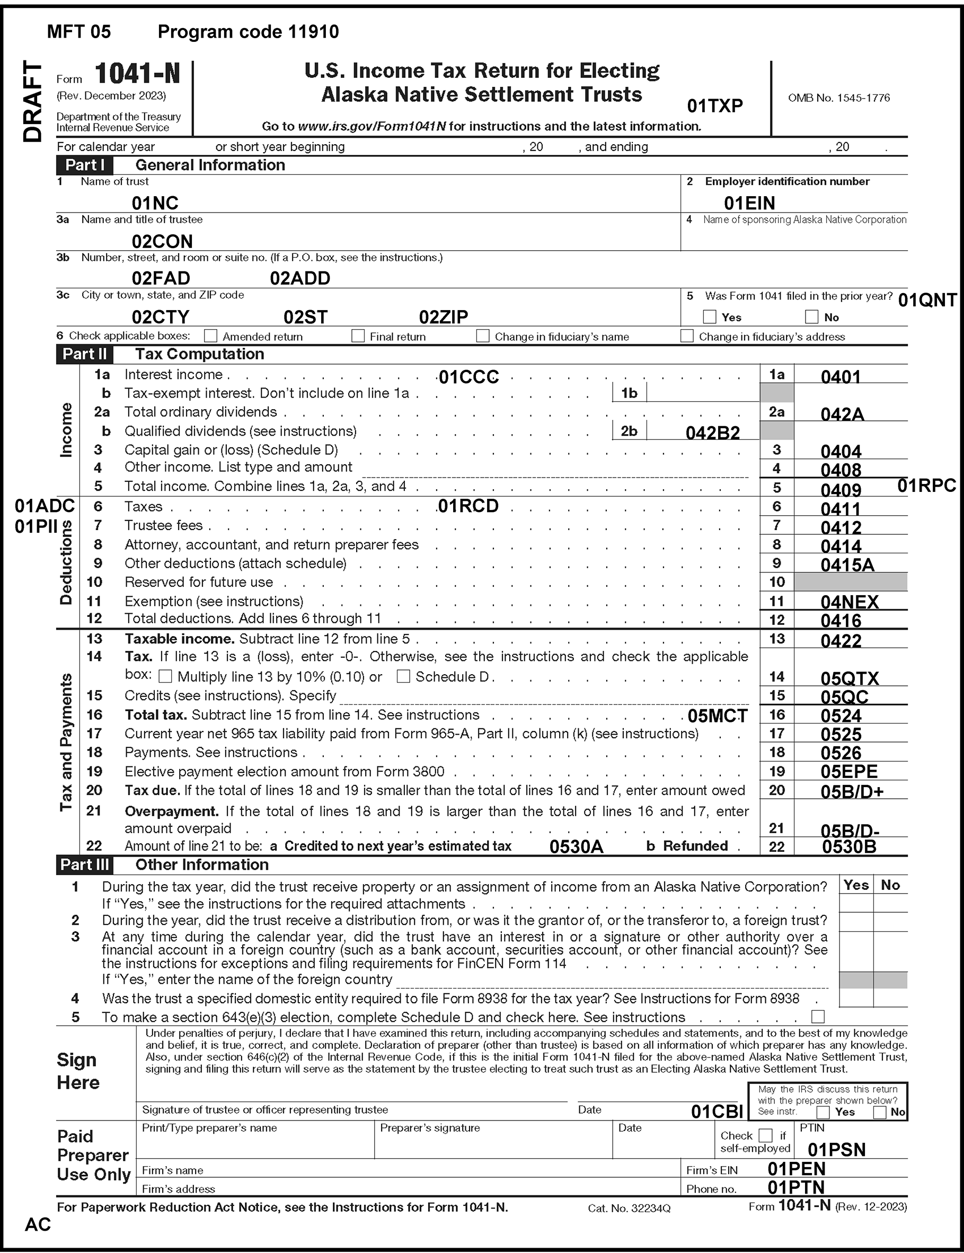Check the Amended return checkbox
[211, 336]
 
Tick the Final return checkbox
[358, 336]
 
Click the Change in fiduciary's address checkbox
[687, 336]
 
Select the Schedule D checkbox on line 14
[403, 676]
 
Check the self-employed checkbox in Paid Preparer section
[765, 1135]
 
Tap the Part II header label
[84, 354]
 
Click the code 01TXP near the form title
[715, 106]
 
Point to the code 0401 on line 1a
[841, 377]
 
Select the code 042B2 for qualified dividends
[713, 433]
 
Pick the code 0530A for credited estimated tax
[576, 847]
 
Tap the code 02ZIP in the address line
[444, 316]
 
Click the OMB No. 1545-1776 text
[839, 98]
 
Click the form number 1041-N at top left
[137, 74]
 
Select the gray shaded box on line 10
[851, 582]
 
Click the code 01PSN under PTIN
[837, 1150]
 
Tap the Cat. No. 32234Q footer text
[629, 1209]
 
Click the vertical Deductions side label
[66, 563]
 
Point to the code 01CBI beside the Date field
[717, 1112]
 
